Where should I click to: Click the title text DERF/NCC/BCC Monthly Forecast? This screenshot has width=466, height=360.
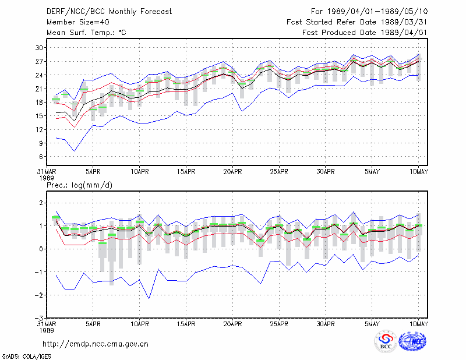point(109,12)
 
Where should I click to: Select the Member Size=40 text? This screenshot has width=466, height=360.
point(78,22)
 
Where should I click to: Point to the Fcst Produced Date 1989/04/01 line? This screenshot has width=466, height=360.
point(365,33)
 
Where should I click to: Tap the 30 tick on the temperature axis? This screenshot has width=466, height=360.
point(39,48)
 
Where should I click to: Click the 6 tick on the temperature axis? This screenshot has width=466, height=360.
point(41,157)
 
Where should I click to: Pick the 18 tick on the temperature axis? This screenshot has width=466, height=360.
point(39,103)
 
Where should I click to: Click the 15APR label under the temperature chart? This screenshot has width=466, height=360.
point(186,172)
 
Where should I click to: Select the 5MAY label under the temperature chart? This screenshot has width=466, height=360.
point(372,172)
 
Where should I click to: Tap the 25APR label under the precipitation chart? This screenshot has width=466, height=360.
point(279,324)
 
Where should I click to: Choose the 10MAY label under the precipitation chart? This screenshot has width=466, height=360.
point(418,324)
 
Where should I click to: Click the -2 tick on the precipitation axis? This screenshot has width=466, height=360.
point(38,295)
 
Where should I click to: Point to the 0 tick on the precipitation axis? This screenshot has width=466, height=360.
point(41,249)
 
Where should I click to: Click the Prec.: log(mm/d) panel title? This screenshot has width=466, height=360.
point(79,185)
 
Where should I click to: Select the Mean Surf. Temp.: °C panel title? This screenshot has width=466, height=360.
point(86,33)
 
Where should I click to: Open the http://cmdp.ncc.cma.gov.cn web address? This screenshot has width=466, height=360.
point(96,344)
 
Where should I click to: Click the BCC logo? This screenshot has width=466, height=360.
point(386,341)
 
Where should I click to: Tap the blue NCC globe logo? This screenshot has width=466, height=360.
point(412,341)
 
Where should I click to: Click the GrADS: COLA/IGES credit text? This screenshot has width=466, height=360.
point(26,357)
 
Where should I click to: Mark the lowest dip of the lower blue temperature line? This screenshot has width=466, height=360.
point(75,151)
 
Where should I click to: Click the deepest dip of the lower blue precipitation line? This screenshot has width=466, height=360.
point(149,298)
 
